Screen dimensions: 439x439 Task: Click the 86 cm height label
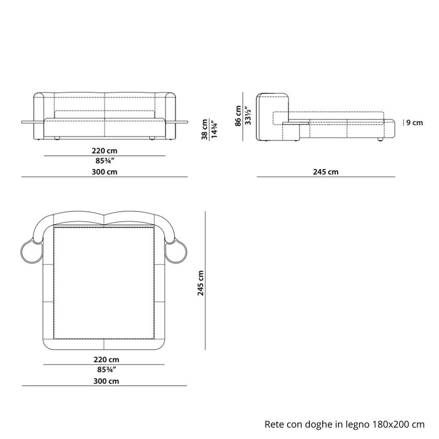pyautogui.click(x=238, y=116)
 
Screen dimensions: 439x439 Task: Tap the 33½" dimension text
pyautogui.click(x=247, y=115)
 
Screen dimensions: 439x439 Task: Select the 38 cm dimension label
pyautogui.click(x=204, y=130)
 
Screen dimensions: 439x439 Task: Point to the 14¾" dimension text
pyautogui.click(x=214, y=130)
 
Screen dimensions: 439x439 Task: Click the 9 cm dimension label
pyautogui.click(x=414, y=122)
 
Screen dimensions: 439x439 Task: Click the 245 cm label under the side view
pyautogui.click(x=325, y=172)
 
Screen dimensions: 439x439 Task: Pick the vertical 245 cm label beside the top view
pyautogui.click(x=200, y=283)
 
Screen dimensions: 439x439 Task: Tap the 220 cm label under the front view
pyautogui.click(x=104, y=150)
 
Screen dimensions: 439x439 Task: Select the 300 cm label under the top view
pyautogui.click(x=106, y=381)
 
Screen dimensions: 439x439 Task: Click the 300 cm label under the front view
pyautogui.click(x=104, y=172)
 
